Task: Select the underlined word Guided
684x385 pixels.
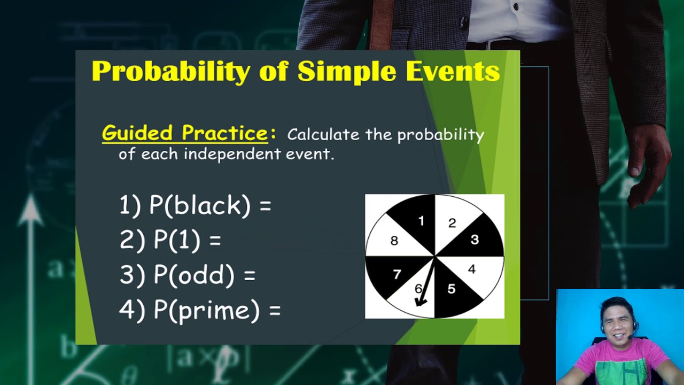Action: (x=137, y=133)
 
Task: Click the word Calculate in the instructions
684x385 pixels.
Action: (x=323, y=135)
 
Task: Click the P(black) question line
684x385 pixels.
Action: (x=195, y=206)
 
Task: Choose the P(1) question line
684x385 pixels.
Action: (x=170, y=240)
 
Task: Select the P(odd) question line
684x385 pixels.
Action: (x=187, y=275)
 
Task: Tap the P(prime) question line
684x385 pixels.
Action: (x=199, y=310)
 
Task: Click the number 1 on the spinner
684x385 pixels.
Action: (x=421, y=221)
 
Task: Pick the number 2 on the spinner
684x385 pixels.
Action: (x=452, y=223)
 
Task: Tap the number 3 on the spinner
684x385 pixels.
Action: (x=475, y=240)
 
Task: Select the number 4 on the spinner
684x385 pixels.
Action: (x=471, y=269)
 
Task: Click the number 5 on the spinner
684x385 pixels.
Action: (x=452, y=289)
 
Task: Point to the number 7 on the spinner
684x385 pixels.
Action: (x=397, y=275)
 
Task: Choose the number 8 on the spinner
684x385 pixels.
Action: (x=394, y=241)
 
